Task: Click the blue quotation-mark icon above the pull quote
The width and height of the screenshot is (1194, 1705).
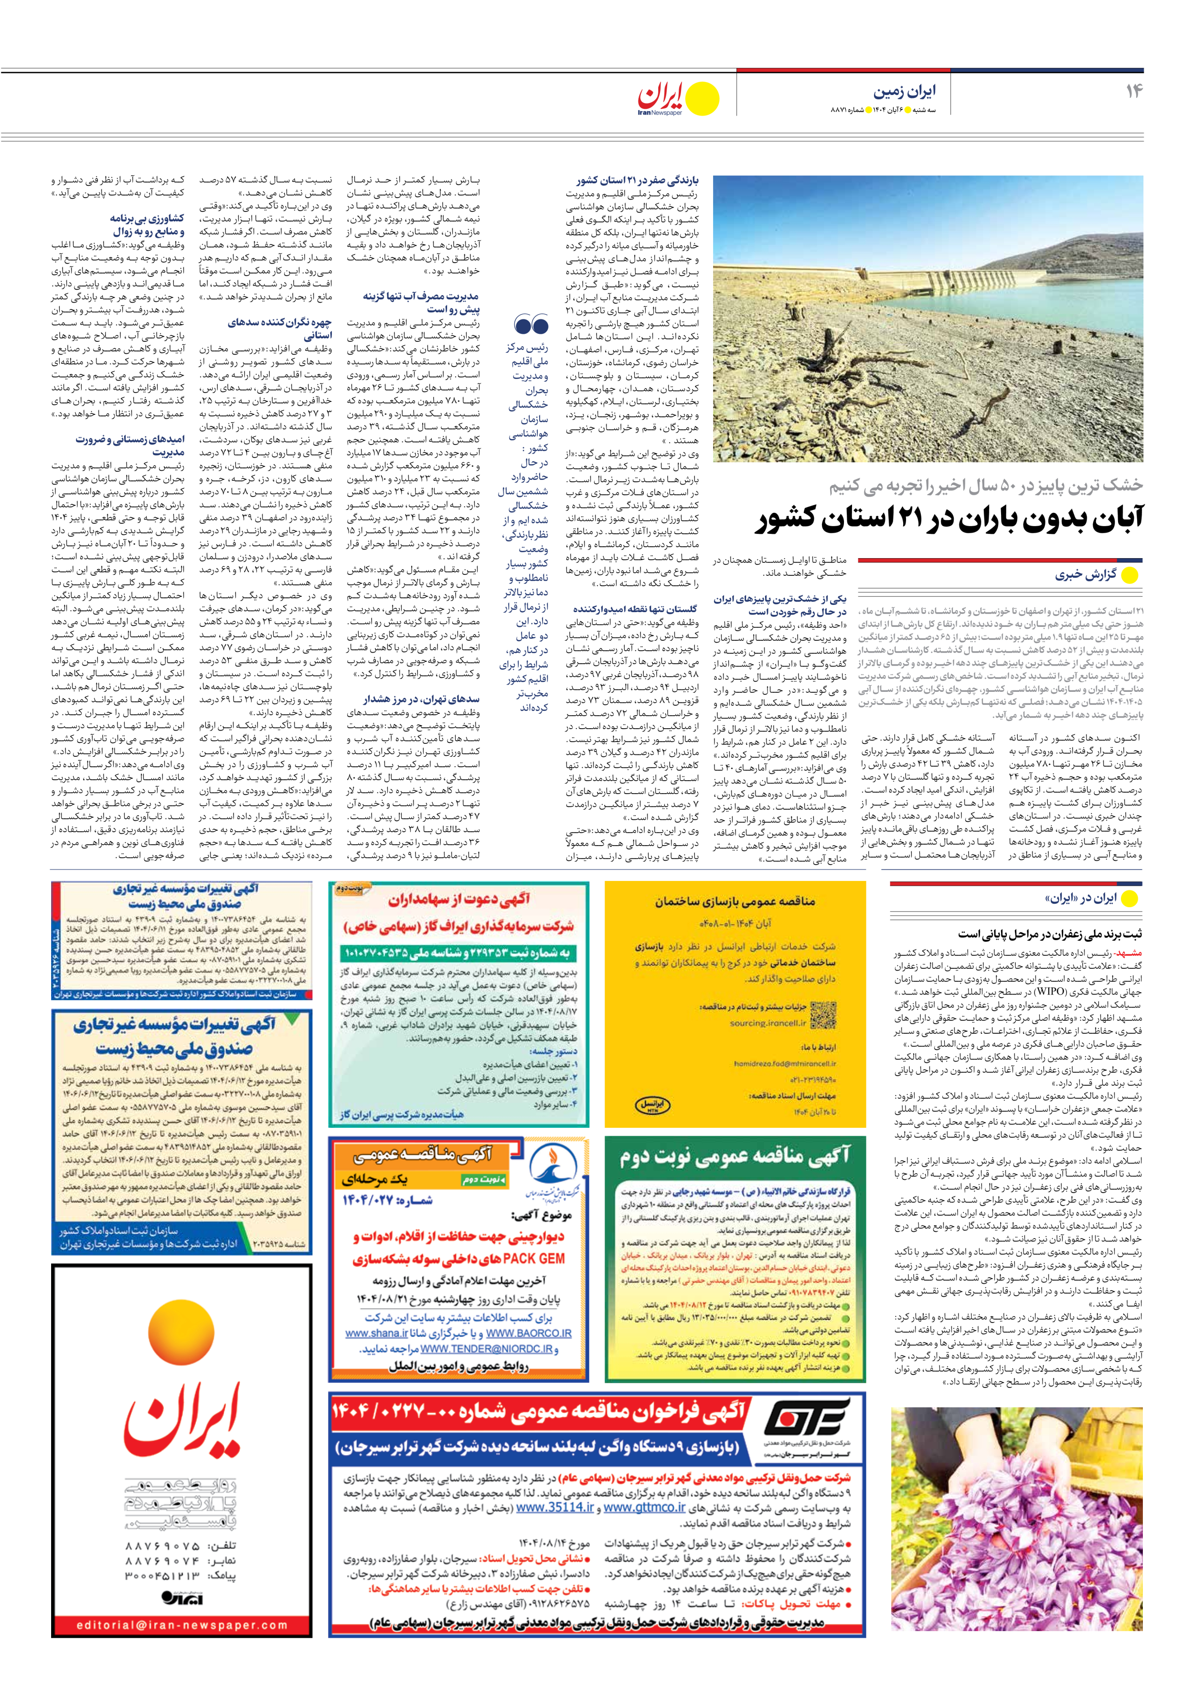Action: point(531,325)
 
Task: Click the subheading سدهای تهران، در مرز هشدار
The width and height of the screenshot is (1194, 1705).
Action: point(421,699)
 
